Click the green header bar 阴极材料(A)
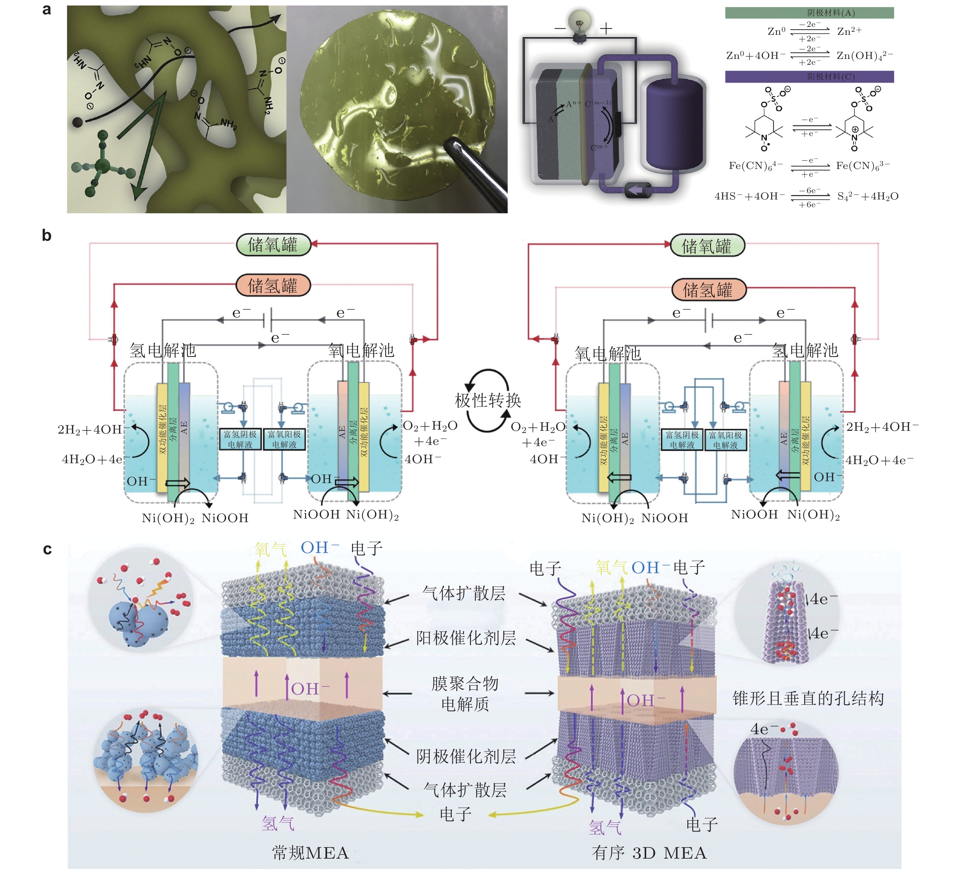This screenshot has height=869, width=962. point(809,13)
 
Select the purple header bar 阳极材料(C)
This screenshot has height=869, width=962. point(809,76)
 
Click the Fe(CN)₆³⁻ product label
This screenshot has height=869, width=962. point(863,166)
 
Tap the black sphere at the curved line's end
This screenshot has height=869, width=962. point(77,122)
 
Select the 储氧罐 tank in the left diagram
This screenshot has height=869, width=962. point(273,245)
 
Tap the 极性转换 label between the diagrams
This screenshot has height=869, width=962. point(488,400)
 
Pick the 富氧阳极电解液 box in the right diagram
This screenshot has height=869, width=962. point(725,440)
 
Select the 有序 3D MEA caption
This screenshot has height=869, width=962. point(649,852)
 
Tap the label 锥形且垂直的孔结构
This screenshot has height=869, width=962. point(808,698)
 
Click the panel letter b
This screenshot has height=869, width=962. point(47,235)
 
